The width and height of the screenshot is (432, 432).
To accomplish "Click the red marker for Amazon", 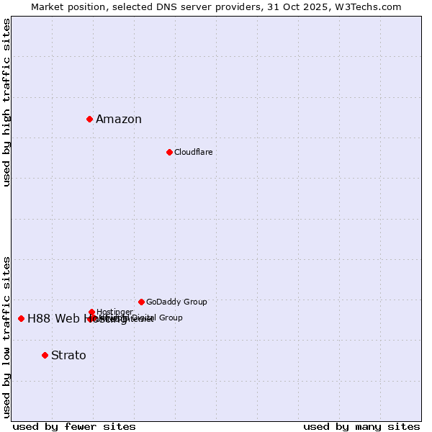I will click(x=89, y=119).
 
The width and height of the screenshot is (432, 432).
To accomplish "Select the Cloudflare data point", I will click(x=169, y=152).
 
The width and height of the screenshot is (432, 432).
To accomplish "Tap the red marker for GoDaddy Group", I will click(x=141, y=302).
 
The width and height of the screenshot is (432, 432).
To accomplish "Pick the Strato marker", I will click(x=45, y=355).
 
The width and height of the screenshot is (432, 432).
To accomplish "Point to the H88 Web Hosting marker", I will click(x=21, y=318).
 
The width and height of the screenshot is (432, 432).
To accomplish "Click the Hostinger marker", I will click(x=91, y=312).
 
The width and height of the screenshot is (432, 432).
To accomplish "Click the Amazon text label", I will click(x=119, y=120).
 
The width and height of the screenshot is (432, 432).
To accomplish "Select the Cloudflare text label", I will click(x=193, y=152).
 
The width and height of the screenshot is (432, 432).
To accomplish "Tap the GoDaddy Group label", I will click(x=176, y=302).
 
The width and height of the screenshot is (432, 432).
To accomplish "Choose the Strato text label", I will click(x=68, y=356).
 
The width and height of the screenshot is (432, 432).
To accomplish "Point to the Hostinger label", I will click(x=114, y=312).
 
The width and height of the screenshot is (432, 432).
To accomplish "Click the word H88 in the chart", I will click(x=40, y=319).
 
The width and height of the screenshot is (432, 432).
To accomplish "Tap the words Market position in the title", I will click(x=65, y=6).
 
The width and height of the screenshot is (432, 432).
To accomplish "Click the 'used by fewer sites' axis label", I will click(x=74, y=426).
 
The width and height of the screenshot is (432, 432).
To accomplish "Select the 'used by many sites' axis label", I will click(x=361, y=426).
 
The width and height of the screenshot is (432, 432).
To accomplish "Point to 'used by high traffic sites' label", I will click(x=7, y=102).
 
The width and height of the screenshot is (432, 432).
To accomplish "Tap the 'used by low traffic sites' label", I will click(x=7, y=336).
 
